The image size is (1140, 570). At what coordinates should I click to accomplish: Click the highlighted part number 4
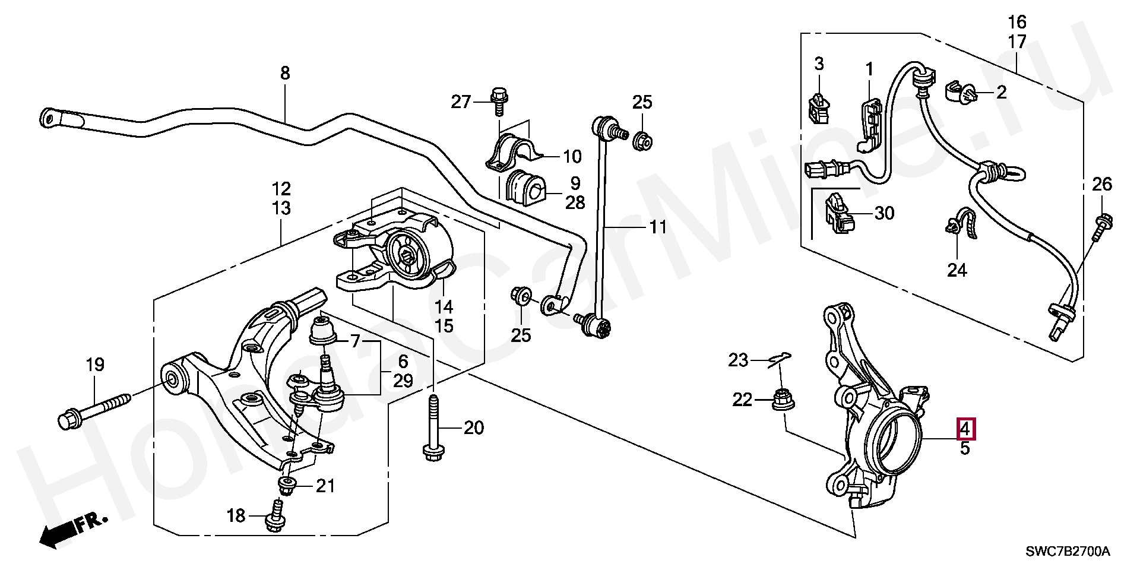[965, 428]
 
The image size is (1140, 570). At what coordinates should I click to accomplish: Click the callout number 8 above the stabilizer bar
[285, 74]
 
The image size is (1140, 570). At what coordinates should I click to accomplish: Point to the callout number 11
[657, 227]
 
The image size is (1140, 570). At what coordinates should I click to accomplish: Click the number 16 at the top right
[1017, 23]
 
